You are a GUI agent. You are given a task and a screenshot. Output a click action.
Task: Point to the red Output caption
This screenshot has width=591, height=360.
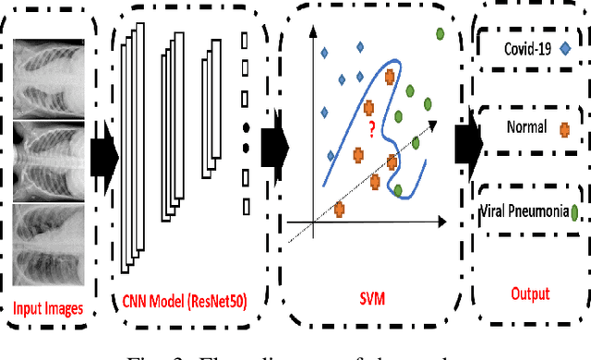point(530,294)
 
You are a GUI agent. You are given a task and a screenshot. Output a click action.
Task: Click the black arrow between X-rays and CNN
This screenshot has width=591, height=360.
point(105,152)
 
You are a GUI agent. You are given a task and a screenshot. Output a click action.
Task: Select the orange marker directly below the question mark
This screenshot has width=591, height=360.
point(358,155)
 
